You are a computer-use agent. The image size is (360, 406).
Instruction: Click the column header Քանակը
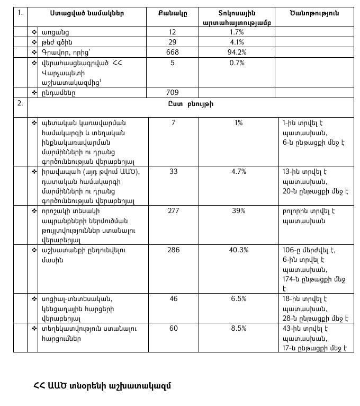172,12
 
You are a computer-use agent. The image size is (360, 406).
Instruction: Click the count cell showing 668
172,52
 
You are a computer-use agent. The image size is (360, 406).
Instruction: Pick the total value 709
172,92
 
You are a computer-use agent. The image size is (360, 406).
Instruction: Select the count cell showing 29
172,42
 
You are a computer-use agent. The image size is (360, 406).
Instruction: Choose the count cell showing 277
172,210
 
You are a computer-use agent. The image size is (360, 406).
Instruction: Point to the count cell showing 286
172,250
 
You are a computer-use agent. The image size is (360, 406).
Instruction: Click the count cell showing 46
172,298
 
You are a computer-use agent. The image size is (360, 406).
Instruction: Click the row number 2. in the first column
20,103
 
